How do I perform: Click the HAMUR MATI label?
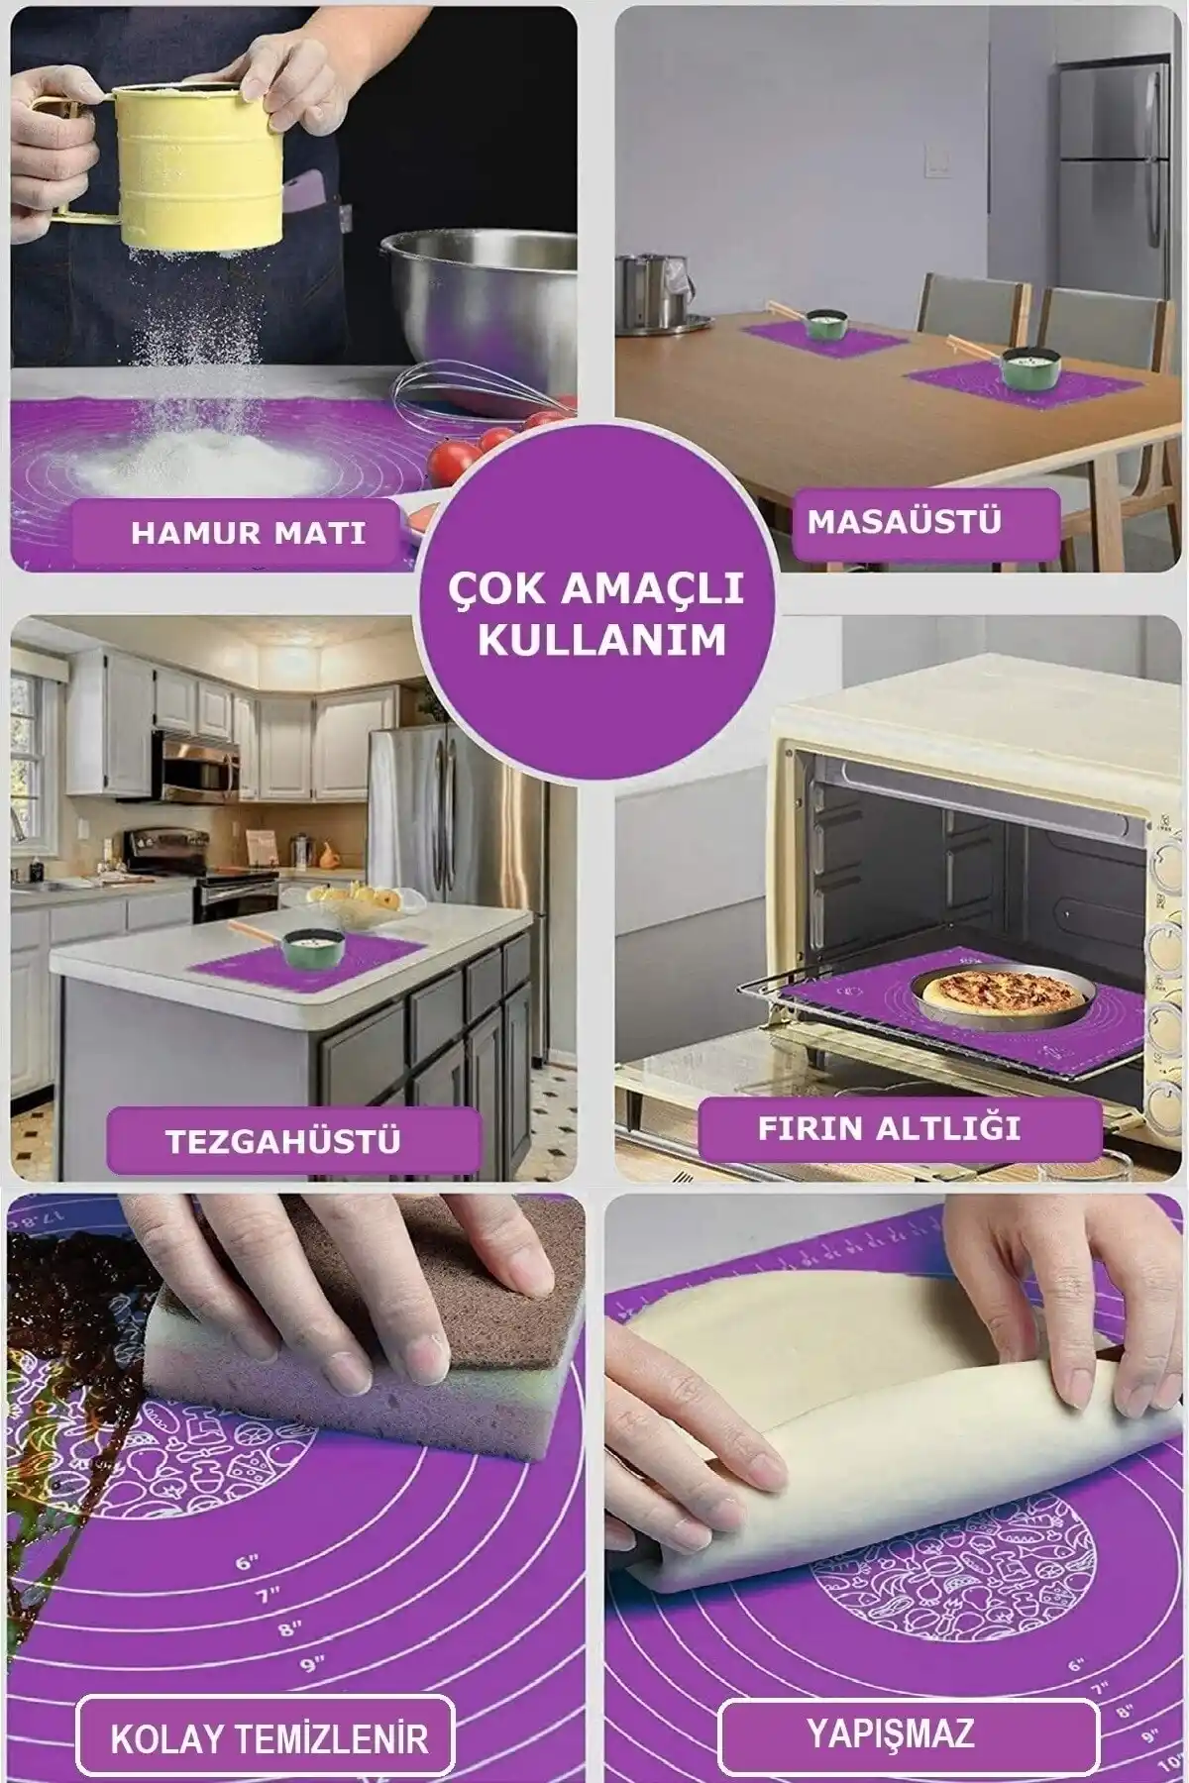248,532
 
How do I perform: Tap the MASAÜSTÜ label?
904,522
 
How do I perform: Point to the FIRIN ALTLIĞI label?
889,1128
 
